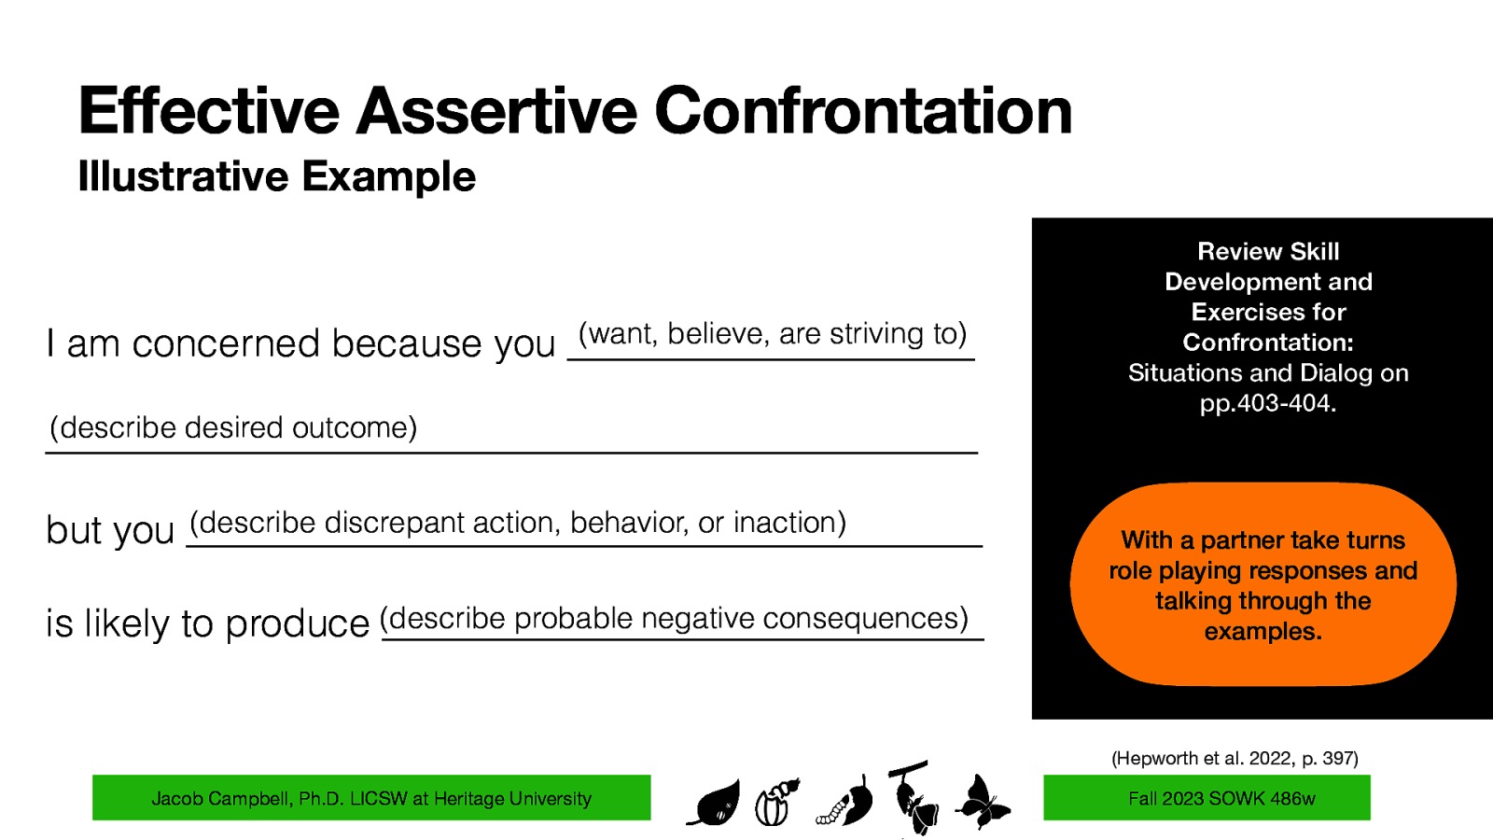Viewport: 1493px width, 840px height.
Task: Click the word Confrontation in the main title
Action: (863, 111)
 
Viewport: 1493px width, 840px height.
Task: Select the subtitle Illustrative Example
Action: (277, 176)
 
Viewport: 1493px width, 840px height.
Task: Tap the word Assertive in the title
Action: (496, 111)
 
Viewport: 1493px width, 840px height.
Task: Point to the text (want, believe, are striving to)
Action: (773, 334)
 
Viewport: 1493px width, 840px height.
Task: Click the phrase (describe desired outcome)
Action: (233, 427)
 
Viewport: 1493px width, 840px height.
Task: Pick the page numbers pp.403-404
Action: (1268, 403)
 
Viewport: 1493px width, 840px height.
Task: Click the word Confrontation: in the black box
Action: (1268, 343)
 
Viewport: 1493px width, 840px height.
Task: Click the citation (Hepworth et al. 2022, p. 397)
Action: (1235, 758)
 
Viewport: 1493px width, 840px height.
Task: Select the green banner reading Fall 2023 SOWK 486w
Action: (1207, 798)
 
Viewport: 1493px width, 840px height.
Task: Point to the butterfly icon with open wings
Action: (982, 802)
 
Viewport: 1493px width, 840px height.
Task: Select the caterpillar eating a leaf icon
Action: (846, 804)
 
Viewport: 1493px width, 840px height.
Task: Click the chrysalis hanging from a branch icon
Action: (914, 798)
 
